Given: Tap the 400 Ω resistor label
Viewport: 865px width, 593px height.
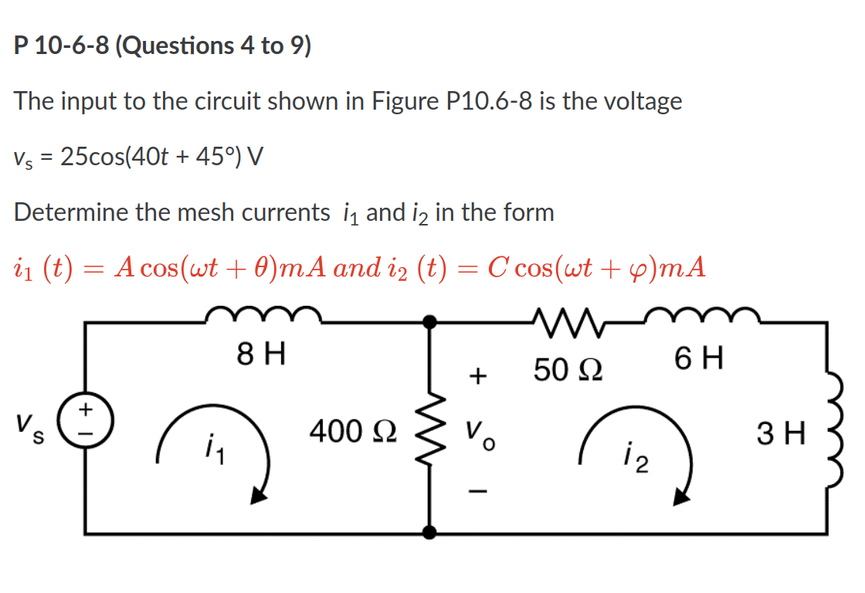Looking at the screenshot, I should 353,430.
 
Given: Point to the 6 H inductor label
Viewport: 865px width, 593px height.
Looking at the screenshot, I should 698,358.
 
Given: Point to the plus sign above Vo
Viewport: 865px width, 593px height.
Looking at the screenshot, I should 479,376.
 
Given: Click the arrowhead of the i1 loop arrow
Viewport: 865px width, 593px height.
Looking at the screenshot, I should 259,496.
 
